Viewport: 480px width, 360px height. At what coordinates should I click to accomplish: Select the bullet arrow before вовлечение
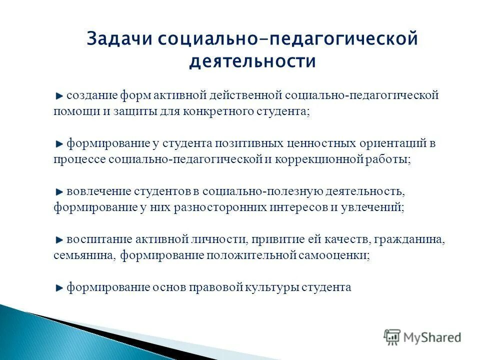[x=59, y=192]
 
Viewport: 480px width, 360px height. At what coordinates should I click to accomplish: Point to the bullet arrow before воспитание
[x=59, y=240]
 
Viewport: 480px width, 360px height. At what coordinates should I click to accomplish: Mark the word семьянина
[x=84, y=255]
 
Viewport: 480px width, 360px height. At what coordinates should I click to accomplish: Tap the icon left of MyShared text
[x=392, y=337]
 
